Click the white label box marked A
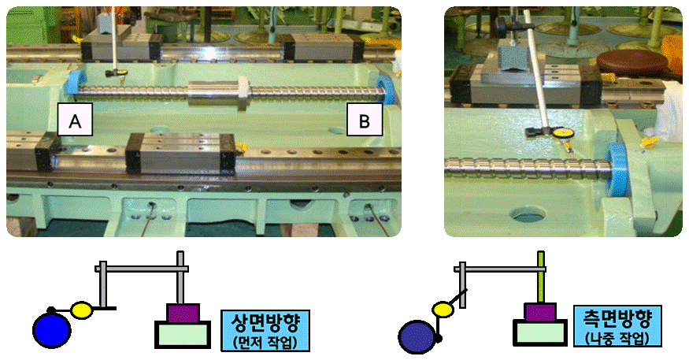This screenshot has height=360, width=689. click(76, 121)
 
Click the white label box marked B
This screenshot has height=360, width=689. click(364, 121)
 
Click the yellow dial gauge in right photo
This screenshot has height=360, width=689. click(563, 134)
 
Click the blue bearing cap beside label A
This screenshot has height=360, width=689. click(78, 82)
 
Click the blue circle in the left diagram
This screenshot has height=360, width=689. click(52, 330)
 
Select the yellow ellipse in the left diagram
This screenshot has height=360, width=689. click(83, 308)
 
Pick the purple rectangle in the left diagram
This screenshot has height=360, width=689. click(183, 314)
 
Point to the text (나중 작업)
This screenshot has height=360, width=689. click(617, 339)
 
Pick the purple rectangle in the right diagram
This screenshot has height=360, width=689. click(540, 314)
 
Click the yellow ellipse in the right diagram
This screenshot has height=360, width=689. click(443, 310)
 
